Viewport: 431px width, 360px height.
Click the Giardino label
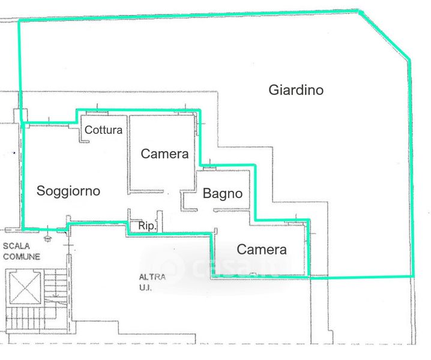[296, 90]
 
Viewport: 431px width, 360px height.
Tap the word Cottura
[103, 130]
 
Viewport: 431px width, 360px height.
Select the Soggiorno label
[68, 191]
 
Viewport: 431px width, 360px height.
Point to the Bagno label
[223, 194]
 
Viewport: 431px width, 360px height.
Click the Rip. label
[147, 226]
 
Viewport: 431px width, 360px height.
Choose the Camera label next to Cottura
[164, 154]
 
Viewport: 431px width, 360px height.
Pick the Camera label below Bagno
[261, 250]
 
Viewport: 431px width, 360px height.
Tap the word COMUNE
[22, 256]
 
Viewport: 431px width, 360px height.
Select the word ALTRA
[152, 277]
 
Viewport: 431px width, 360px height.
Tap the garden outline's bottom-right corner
[413, 276]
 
